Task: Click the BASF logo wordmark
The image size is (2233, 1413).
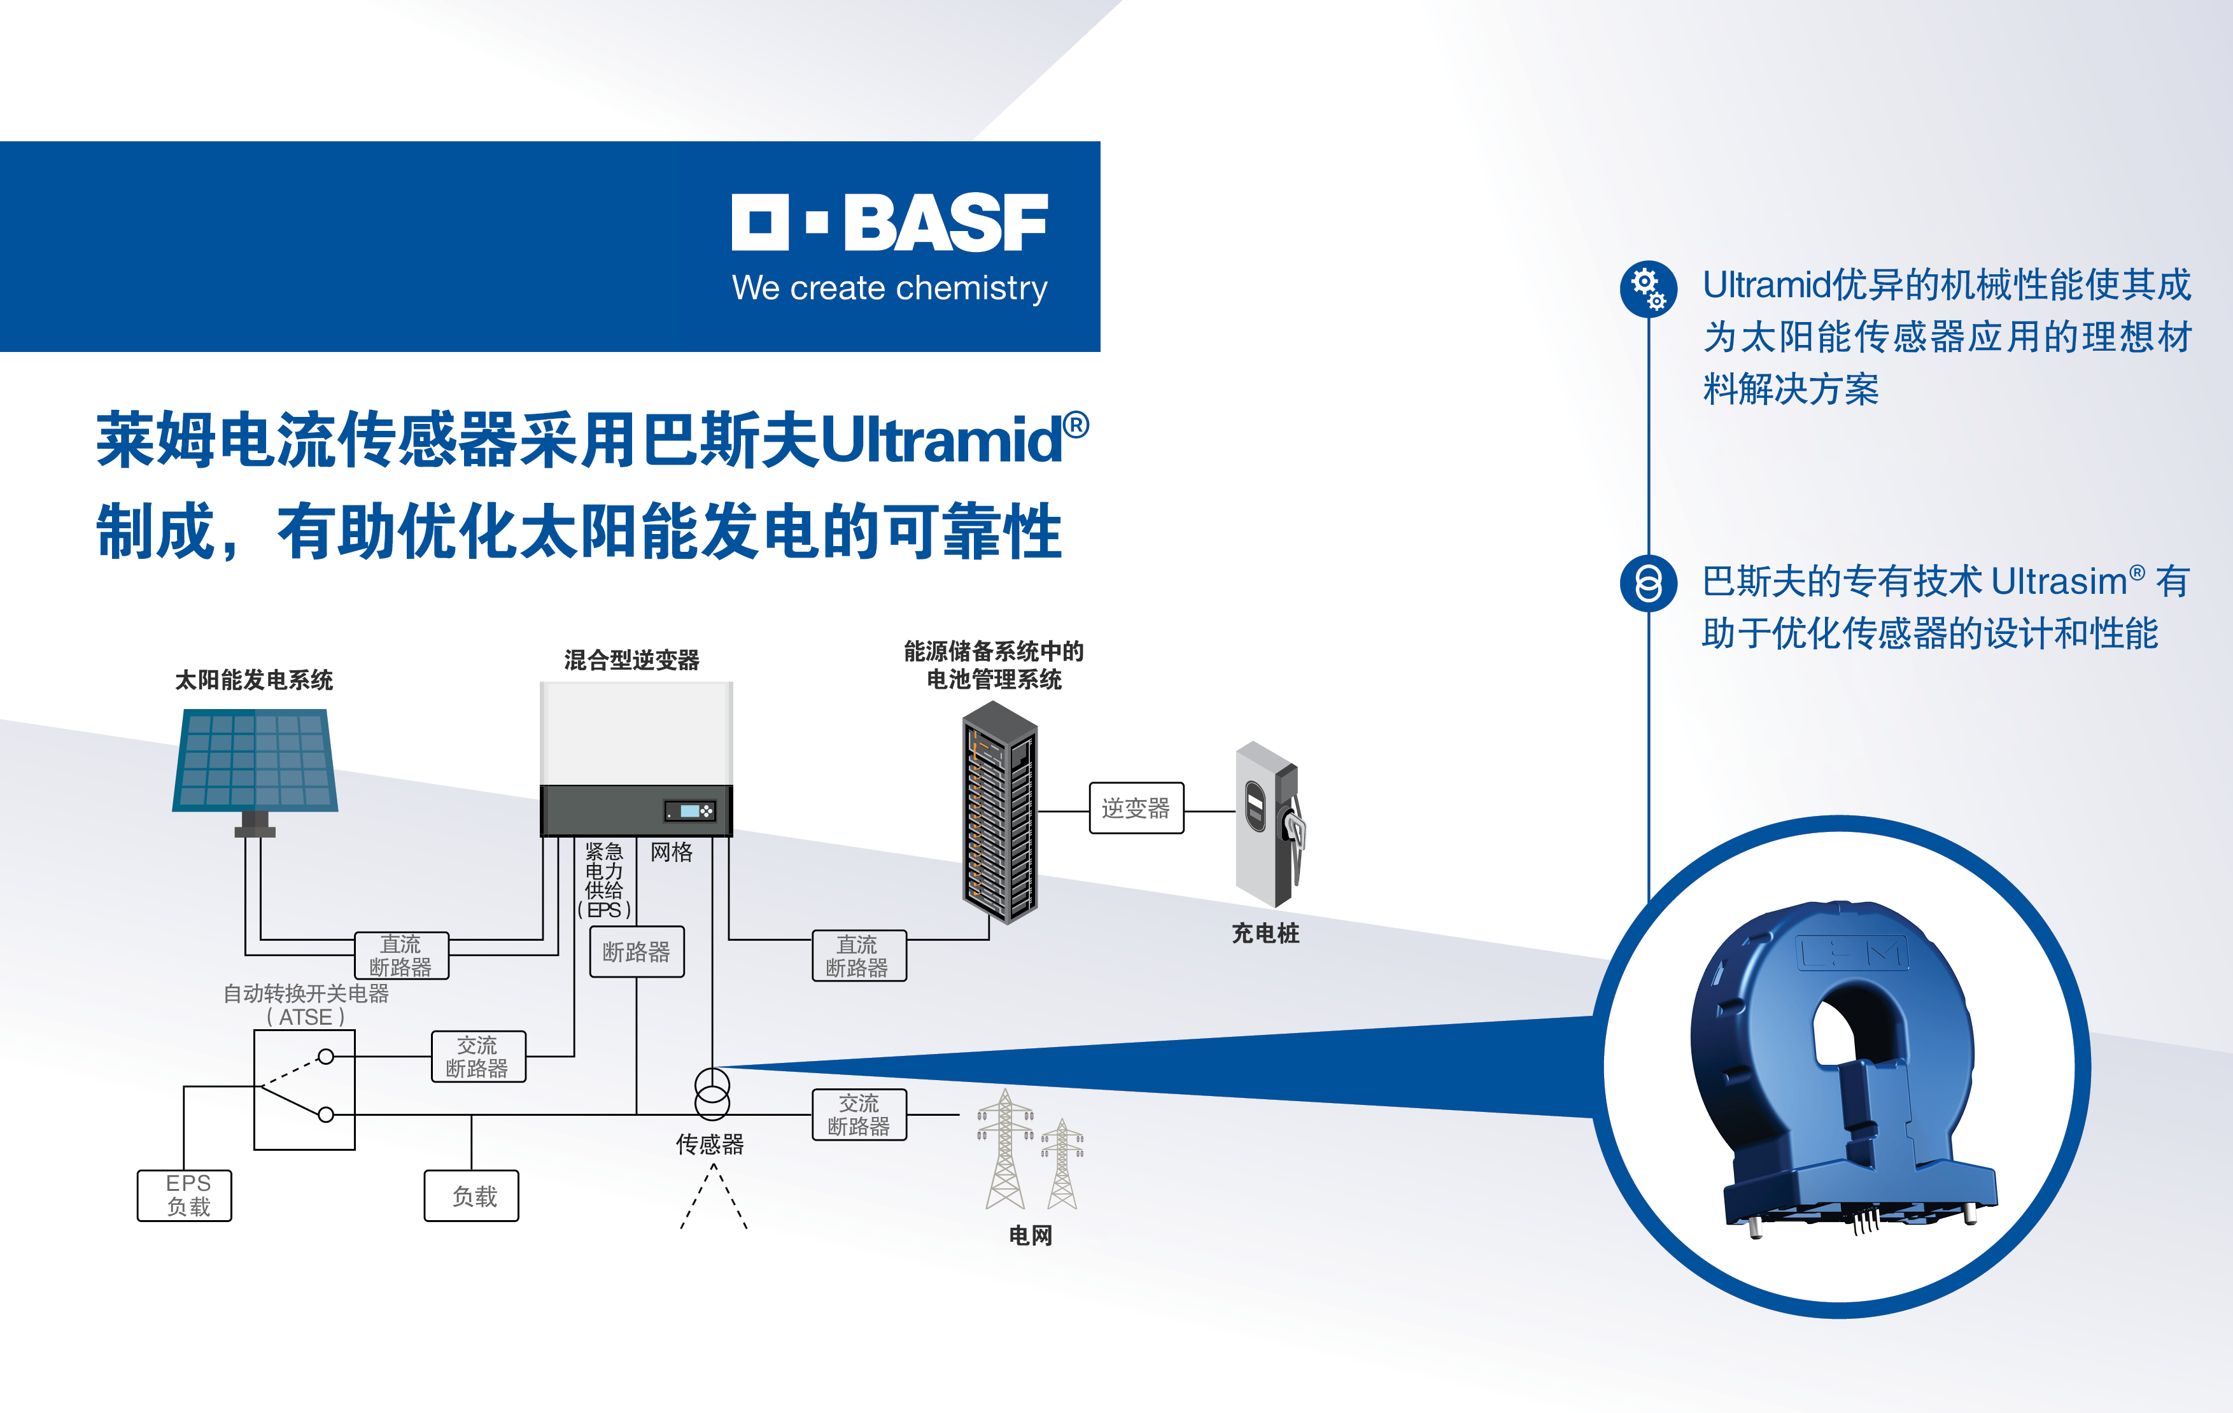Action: pyautogui.click(x=889, y=223)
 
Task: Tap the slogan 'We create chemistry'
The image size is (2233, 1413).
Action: pyautogui.click(x=889, y=288)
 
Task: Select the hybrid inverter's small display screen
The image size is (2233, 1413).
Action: pyautogui.click(x=690, y=812)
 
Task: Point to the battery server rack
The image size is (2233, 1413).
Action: pyautogui.click(x=999, y=812)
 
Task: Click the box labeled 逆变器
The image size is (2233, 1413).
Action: pyautogui.click(x=1136, y=808)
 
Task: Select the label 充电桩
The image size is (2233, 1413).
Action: pyautogui.click(x=1265, y=934)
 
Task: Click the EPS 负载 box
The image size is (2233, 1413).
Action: pyautogui.click(x=185, y=1195)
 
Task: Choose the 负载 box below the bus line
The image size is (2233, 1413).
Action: pyautogui.click(x=471, y=1196)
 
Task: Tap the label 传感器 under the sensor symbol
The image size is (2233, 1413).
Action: pyautogui.click(x=710, y=1145)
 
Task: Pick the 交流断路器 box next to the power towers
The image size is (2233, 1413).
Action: pyautogui.click(x=859, y=1114)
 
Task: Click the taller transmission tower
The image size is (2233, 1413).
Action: pyautogui.click(x=1005, y=1149)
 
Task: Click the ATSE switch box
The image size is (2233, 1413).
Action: pyautogui.click(x=304, y=1090)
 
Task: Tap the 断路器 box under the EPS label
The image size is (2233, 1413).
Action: pyautogui.click(x=637, y=952)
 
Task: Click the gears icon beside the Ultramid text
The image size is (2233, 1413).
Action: pyautogui.click(x=1648, y=288)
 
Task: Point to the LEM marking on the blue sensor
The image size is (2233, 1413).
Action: pyautogui.click(x=1852, y=953)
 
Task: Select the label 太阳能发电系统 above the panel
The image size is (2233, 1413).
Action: pyautogui.click(x=254, y=680)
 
